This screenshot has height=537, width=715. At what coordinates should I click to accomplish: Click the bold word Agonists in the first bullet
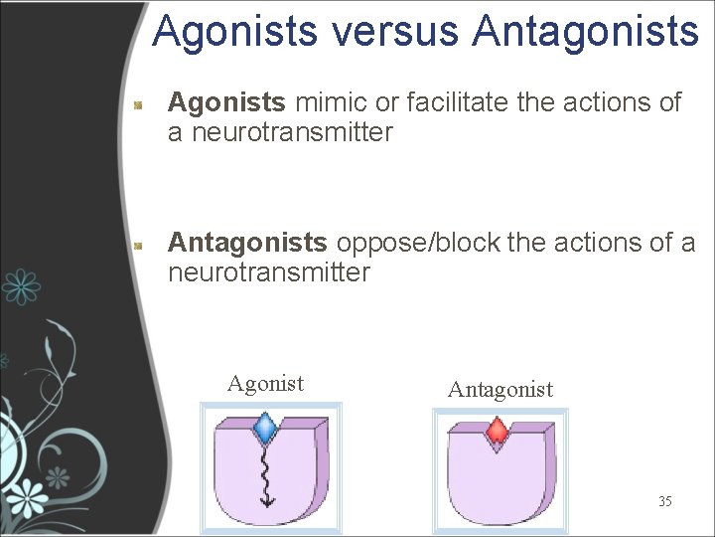[227, 102]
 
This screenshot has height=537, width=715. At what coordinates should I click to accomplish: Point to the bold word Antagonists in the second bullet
[247, 243]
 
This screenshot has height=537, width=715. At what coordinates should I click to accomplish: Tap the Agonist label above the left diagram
[265, 384]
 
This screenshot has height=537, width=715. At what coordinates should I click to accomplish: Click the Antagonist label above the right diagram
[500, 390]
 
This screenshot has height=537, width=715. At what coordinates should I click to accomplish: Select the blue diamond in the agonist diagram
[265, 429]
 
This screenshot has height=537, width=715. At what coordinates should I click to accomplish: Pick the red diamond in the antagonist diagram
[497, 432]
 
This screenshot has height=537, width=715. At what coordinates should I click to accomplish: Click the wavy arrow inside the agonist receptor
[266, 475]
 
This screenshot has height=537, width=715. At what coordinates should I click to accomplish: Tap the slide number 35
[664, 501]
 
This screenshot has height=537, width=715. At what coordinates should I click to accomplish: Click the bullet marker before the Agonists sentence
[141, 103]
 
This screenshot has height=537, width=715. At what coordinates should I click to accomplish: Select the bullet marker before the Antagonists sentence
[141, 244]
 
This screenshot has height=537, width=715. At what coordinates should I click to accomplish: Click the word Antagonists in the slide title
[586, 31]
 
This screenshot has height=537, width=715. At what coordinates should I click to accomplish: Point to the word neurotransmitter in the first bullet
[281, 132]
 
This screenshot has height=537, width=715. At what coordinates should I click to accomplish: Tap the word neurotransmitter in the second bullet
[269, 272]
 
